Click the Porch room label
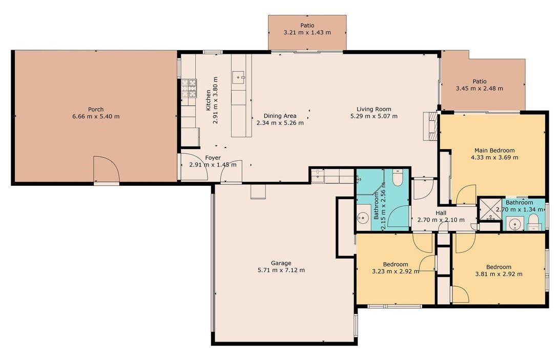point(96,109)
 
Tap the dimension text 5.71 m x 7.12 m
point(282,270)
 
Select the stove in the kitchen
point(189,89)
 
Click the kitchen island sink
point(239,77)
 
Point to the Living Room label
point(374,109)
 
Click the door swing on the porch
point(106,169)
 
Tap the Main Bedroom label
point(494,151)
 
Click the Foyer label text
point(213,158)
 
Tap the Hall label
point(442,213)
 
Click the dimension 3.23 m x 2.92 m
point(395,271)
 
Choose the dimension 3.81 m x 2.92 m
point(499,274)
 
